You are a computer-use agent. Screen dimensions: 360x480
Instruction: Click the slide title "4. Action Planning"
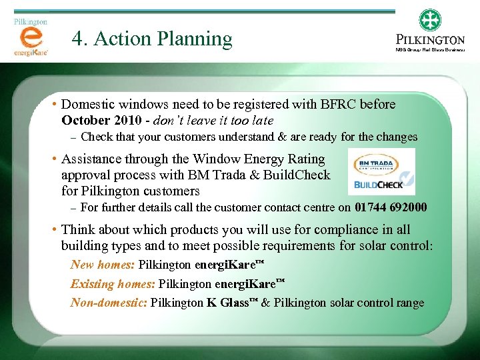(x=152, y=39)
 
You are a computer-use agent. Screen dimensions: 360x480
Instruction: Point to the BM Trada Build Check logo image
(x=382, y=171)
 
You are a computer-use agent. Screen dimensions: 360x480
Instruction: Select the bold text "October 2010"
(x=101, y=121)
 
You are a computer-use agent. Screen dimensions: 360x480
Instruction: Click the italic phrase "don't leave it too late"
(x=213, y=121)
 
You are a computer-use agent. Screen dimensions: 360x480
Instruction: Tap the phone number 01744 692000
(x=391, y=208)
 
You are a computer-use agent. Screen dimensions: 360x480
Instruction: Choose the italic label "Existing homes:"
(x=113, y=283)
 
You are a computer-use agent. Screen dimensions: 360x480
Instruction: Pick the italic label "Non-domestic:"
(x=109, y=303)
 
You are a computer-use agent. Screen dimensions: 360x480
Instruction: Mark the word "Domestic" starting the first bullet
(x=89, y=105)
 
